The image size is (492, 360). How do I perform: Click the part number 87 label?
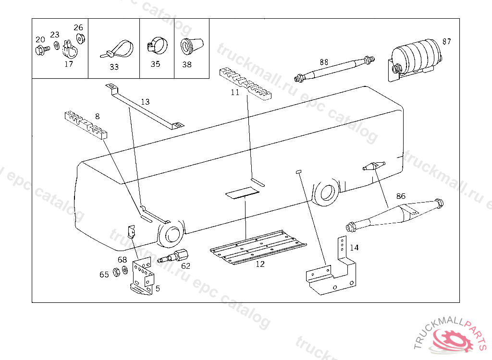(447, 41)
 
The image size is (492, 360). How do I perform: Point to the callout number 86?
(401, 196)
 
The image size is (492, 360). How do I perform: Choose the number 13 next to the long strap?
(145, 102)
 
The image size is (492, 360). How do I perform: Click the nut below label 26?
(80, 39)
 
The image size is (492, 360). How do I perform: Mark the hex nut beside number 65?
(116, 273)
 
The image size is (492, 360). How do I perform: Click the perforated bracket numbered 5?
(143, 277)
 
